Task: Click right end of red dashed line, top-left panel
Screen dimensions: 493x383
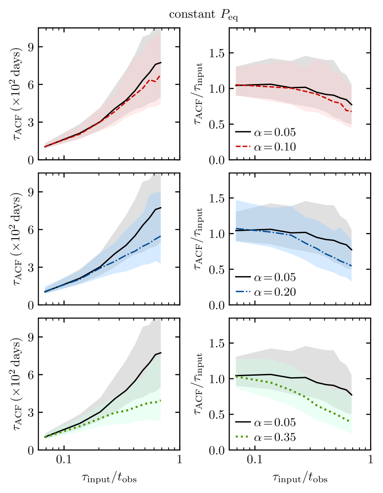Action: [160, 75]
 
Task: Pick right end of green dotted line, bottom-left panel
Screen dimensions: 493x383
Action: [160, 400]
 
